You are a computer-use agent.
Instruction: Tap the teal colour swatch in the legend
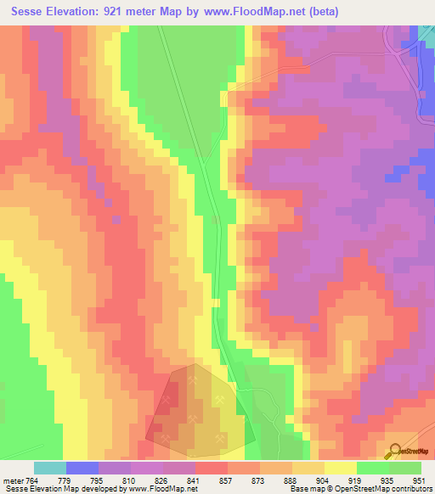(x=50, y=468)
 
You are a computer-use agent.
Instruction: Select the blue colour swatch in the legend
(x=82, y=468)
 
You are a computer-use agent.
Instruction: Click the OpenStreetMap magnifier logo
(x=393, y=452)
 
